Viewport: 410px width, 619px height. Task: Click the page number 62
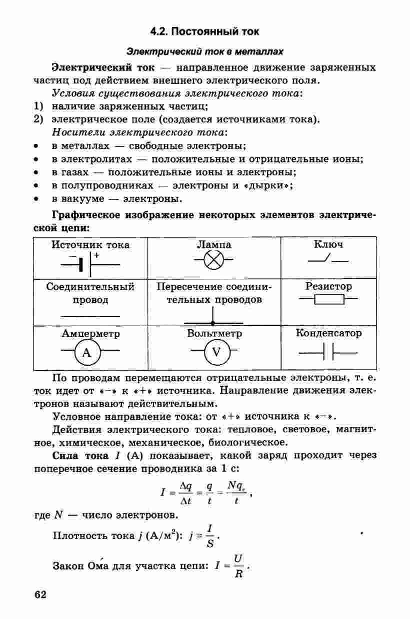click(x=40, y=595)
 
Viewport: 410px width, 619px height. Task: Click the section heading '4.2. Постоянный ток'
click(x=204, y=31)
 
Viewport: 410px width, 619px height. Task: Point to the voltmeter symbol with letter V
click(x=216, y=353)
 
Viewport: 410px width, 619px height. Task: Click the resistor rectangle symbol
click(x=328, y=300)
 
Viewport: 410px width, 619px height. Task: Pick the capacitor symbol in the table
click(x=328, y=353)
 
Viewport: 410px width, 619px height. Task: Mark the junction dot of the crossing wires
click(x=213, y=323)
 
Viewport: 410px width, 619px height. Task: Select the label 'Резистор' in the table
click(x=328, y=287)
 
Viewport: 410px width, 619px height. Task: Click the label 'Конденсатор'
click(x=328, y=333)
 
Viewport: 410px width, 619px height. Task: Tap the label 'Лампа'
click(x=214, y=245)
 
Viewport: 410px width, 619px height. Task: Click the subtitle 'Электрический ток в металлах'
click(x=204, y=51)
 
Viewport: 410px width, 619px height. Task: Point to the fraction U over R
click(x=238, y=566)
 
